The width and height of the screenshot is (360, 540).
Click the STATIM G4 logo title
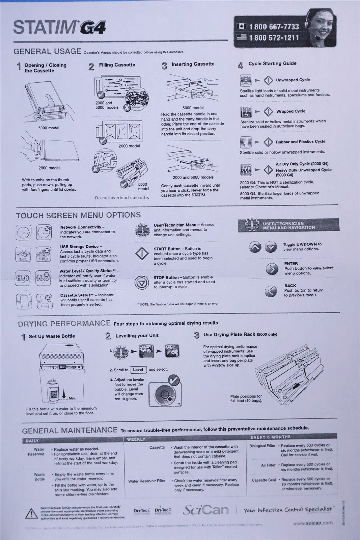[x=59, y=27]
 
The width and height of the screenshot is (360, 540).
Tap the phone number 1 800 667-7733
[x=274, y=26]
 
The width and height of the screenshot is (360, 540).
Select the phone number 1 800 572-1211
[x=274, y=37]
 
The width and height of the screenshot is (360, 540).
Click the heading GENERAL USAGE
[x=47, y=52]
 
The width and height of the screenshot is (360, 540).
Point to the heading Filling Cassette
[x=117, y=65]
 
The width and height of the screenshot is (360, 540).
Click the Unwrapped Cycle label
[x=293, y=80]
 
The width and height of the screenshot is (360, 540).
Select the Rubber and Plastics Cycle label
[x=300, y=142]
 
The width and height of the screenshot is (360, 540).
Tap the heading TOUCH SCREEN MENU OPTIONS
[x=78, y=215]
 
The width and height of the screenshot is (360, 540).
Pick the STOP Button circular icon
[x=141, y=282]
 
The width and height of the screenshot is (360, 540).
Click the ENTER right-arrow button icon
[x=272, y=269]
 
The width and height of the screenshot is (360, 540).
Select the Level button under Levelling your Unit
[x=138, y=370]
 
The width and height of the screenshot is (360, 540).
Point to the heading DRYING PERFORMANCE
[x=64, y=323]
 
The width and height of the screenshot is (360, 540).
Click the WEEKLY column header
[x=136, y=439]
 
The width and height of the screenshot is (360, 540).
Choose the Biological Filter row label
[x=262, y=446]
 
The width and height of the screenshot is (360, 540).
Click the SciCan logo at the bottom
[x=205, y=510]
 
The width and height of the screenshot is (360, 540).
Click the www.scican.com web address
[x=312, y=523]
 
